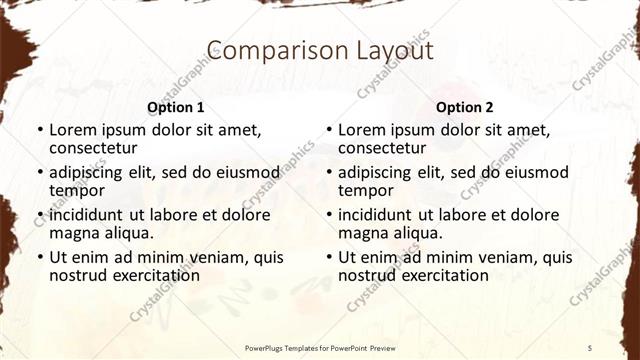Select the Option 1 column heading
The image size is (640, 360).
coord(176,107)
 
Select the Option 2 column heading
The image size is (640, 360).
coord(464,107)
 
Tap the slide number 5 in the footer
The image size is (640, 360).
coord(590,347)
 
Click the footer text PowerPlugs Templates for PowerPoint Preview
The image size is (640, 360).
coord(320,347)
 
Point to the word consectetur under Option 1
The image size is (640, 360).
coord(92,148)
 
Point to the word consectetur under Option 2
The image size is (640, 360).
coord(381,148)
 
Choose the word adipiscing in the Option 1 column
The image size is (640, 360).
coord(88,172)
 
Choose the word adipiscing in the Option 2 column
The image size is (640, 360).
coord(377,172)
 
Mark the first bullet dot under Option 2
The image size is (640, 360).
coord(329,131)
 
